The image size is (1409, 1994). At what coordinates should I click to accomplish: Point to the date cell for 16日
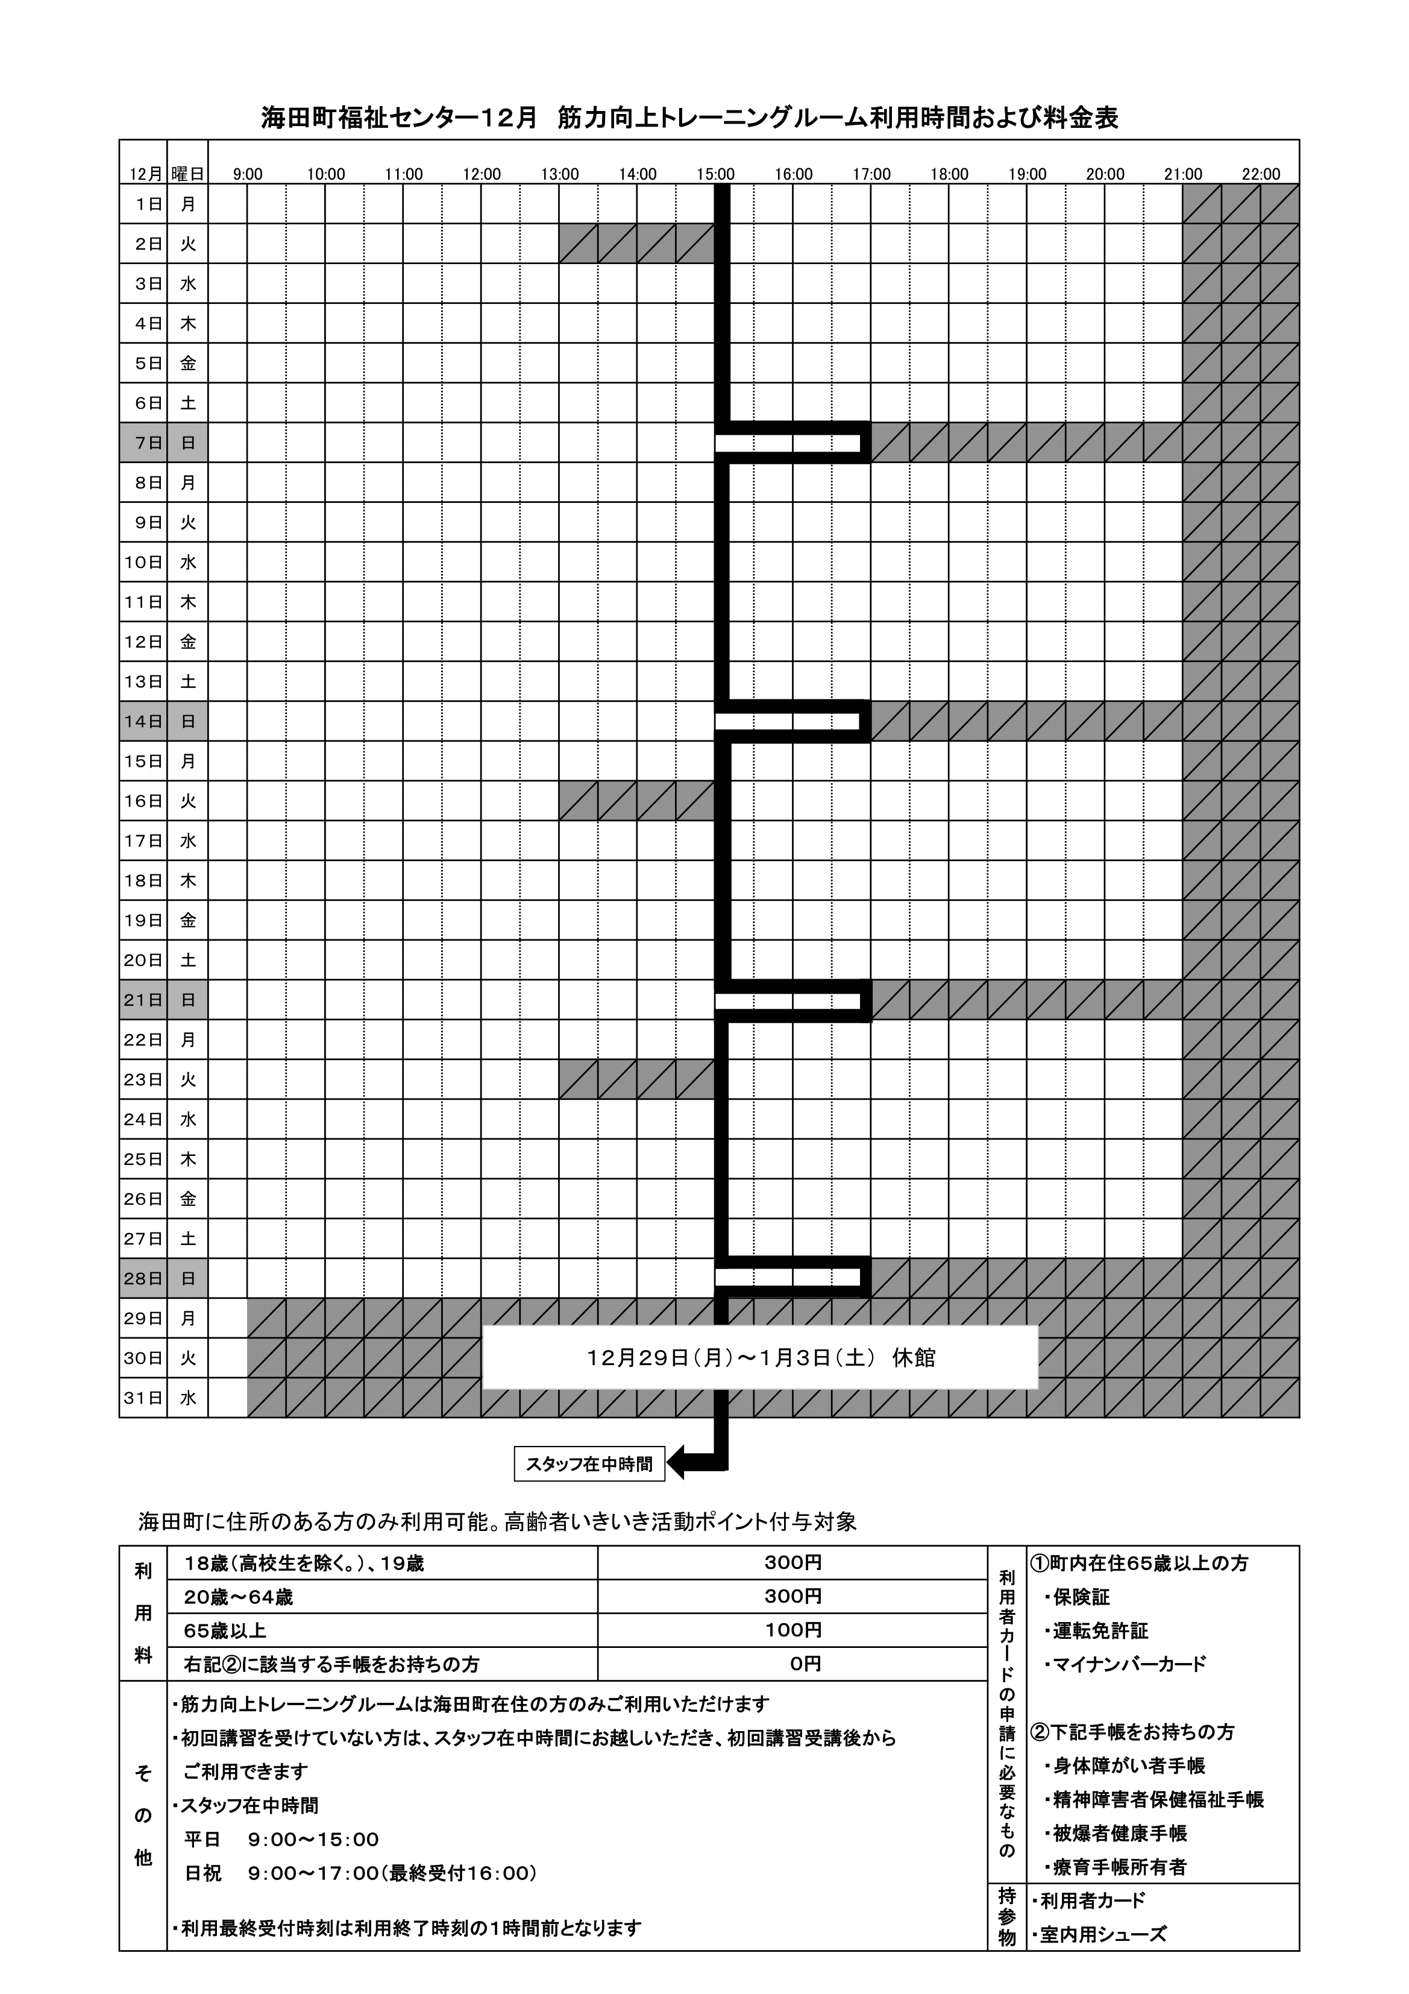pos(143,801)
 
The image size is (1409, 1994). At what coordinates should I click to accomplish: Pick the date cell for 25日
pos(143,1159)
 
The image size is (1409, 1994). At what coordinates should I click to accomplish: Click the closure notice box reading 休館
pos(759,1357)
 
